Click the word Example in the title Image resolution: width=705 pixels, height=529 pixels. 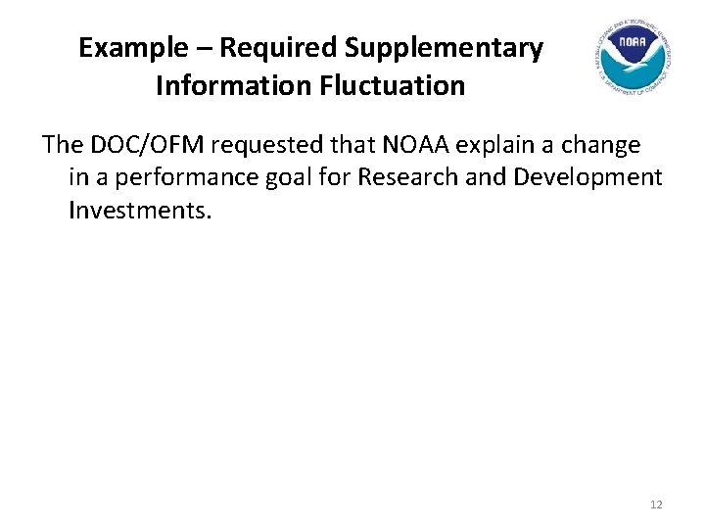[x=123, y=48]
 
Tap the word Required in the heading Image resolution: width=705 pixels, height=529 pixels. [x=253, y=48]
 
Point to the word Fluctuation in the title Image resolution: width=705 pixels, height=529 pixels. [x=391, y=86]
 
